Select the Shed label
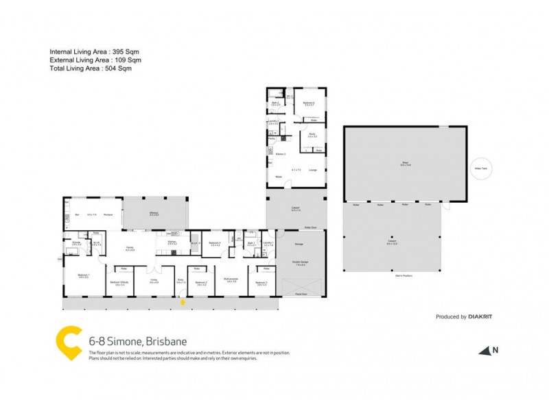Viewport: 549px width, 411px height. [405, 162]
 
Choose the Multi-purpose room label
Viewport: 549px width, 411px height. [230, 279]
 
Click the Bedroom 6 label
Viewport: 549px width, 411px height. [309, 103]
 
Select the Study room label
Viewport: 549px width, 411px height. [312, 134]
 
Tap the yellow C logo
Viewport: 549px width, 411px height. [68, 344]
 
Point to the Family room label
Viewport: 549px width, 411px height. [129, 249]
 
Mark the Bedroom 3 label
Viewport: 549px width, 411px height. [261, 282]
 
